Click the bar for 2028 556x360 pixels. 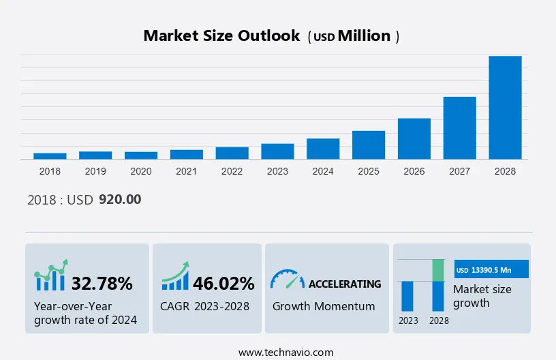[505, 108]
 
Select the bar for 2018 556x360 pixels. [50, 156]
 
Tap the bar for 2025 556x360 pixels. [369, 145]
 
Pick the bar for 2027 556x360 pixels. [460, 128]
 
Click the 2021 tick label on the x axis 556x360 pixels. [186, 171]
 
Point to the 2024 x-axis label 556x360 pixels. [323, 171]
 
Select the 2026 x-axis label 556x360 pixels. [414, 171]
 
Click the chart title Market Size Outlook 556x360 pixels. [221, 36]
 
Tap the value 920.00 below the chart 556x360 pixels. [120, 200]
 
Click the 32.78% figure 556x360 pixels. [102, 284]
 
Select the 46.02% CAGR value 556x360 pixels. [223, 284]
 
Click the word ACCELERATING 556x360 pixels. [345, 284]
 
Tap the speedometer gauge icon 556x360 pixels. [287, 279]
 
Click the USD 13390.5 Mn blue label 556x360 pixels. [491, 270]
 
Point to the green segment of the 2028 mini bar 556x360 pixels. [438, 270]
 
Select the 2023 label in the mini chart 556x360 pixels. [408, 320]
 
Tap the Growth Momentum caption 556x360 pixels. [324, 306]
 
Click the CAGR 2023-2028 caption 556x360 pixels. [205, 306]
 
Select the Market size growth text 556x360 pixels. [482, 296]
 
